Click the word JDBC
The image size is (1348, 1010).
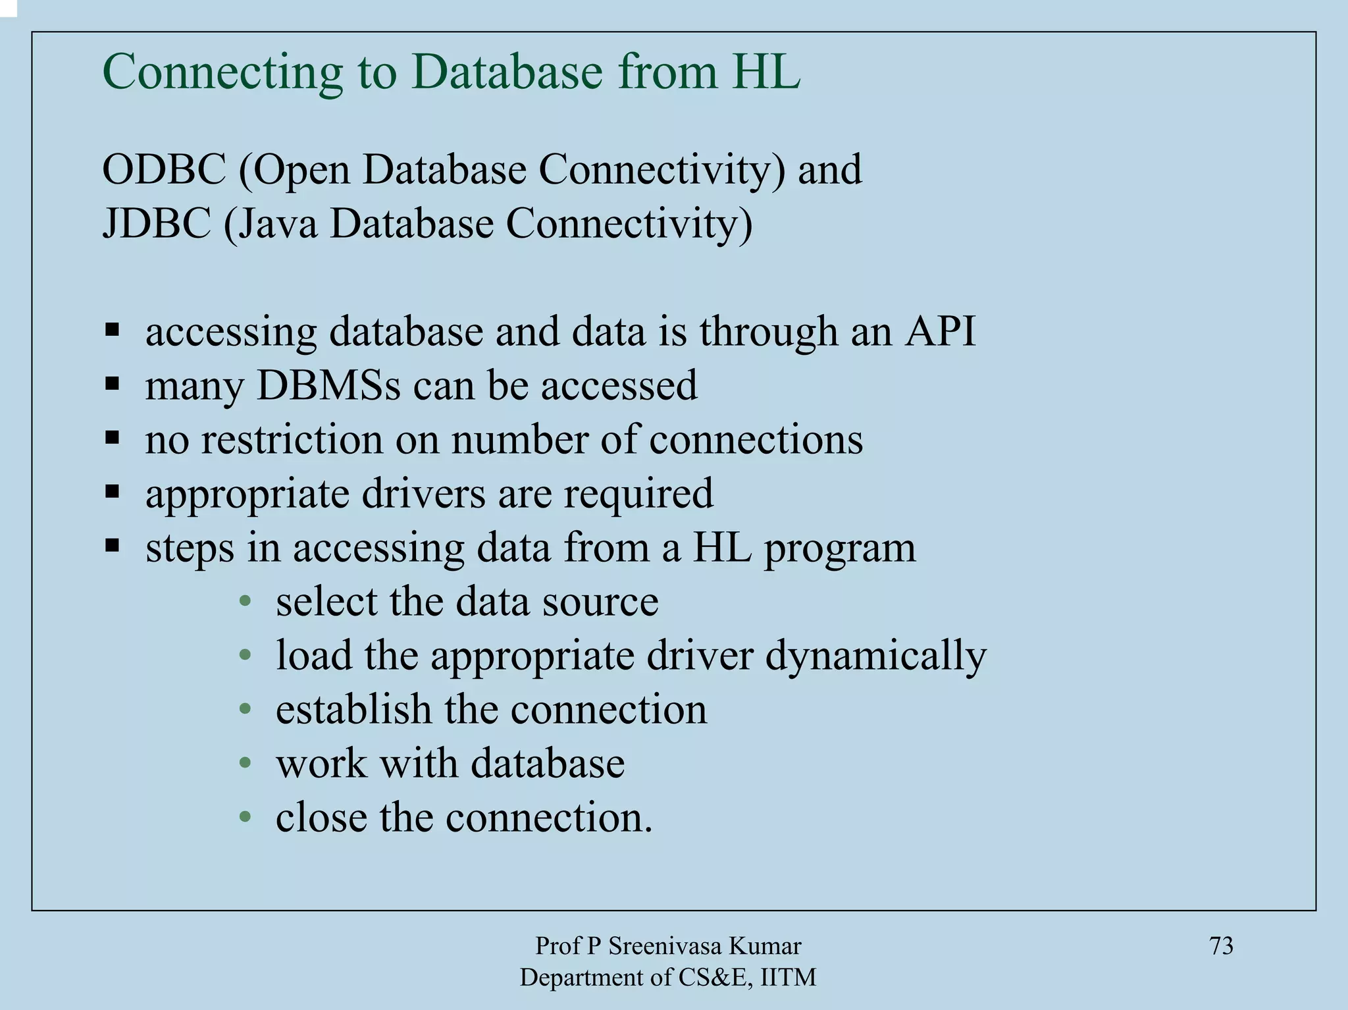[156, 224]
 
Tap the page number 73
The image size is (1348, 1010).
[1221, 946]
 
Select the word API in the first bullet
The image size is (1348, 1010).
[940, 331]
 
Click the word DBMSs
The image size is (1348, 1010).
[328, 385]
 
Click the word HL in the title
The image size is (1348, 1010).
[766, 71]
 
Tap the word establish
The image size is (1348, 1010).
[353, 710]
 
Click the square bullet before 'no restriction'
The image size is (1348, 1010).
[112, 437]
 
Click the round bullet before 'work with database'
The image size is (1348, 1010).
[246, 763]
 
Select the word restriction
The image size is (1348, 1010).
[292, 439]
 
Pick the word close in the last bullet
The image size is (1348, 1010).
[321, 818]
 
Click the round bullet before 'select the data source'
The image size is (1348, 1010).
[246, 601]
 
